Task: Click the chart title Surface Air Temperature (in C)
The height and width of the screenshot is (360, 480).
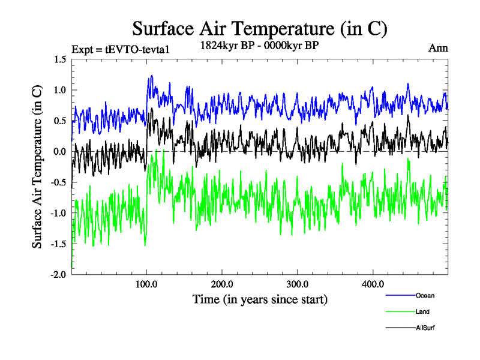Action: point(260,29)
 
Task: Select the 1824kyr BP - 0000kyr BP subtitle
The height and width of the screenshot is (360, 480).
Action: point(260,45)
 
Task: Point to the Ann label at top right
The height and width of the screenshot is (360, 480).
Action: point(437,49)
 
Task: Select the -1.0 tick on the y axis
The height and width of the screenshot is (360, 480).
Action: point(58,213)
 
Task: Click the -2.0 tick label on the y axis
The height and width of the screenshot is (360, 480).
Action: point(58,274)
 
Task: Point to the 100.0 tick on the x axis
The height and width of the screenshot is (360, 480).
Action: point(146,284)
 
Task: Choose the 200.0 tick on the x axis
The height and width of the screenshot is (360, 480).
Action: point(222,284)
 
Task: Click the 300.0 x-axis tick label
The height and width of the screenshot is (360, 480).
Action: point(298,284)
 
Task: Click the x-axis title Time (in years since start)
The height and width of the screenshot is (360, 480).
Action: point(260,299)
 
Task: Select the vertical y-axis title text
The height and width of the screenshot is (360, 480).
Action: point(37,167)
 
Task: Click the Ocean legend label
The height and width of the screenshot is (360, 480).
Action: point(425,295)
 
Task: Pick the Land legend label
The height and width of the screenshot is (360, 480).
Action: point(422,312)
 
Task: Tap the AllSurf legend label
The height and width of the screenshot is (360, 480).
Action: point(425,328)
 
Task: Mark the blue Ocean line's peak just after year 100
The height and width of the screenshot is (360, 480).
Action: point(151,76)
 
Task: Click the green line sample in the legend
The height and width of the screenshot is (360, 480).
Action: point(399,312)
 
